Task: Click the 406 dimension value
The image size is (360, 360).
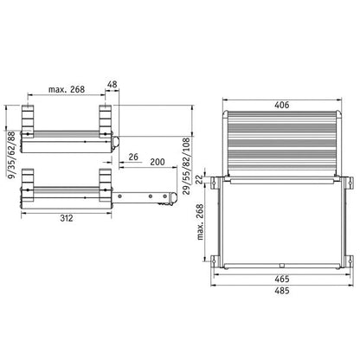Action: click(x=281, y=105)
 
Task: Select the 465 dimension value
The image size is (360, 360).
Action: click(x=281, y=279)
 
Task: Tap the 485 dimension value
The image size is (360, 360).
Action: click(x=281, y=291)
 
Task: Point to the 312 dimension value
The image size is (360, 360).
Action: click(x=67, y=218)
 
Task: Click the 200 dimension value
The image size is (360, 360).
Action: click(x=157, y=162)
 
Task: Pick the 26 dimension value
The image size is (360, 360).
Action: click(x=133, y=157)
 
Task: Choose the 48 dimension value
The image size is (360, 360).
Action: click(x=112, y=84)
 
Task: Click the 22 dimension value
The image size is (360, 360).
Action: click(x=199, y=181)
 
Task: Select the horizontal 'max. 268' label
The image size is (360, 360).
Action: click(x=67, y=89)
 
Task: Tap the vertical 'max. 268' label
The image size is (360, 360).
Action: click(x=200, y=222)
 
